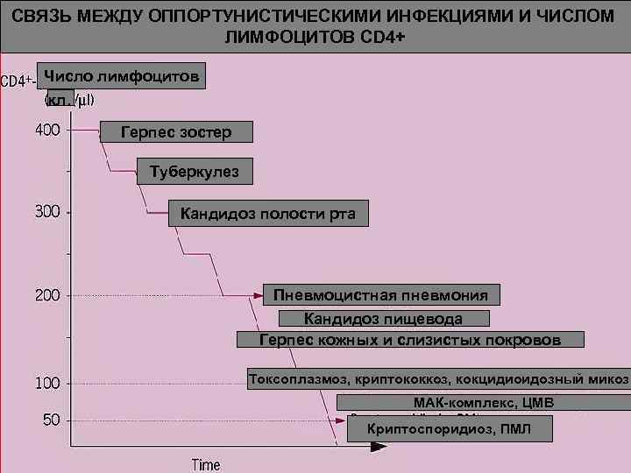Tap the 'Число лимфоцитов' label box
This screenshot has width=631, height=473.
click(122, 76)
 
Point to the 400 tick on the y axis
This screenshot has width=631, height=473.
click(48, 131)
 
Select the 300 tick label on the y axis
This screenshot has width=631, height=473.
click(48, 212)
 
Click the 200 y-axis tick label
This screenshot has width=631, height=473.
click(48, 295)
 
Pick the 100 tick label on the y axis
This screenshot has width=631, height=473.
click(48, 384)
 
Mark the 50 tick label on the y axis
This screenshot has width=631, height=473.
click(52, 420)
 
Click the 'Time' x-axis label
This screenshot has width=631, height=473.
click(207, 464)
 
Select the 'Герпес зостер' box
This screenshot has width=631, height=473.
click(176, 132)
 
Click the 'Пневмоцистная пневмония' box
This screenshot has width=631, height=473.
click(381, 295)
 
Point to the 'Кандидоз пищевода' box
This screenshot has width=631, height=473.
click(383, 319)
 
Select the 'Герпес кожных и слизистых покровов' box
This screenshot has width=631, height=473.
click(410, 340)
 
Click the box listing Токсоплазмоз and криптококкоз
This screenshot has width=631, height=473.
click(438, 379)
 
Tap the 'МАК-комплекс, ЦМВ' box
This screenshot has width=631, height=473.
click(483, 403)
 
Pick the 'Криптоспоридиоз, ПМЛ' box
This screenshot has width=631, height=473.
click(450, 428)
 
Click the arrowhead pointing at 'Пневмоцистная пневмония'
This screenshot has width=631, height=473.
click(258, 296)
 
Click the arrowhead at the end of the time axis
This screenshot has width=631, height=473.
click(379, 447)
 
